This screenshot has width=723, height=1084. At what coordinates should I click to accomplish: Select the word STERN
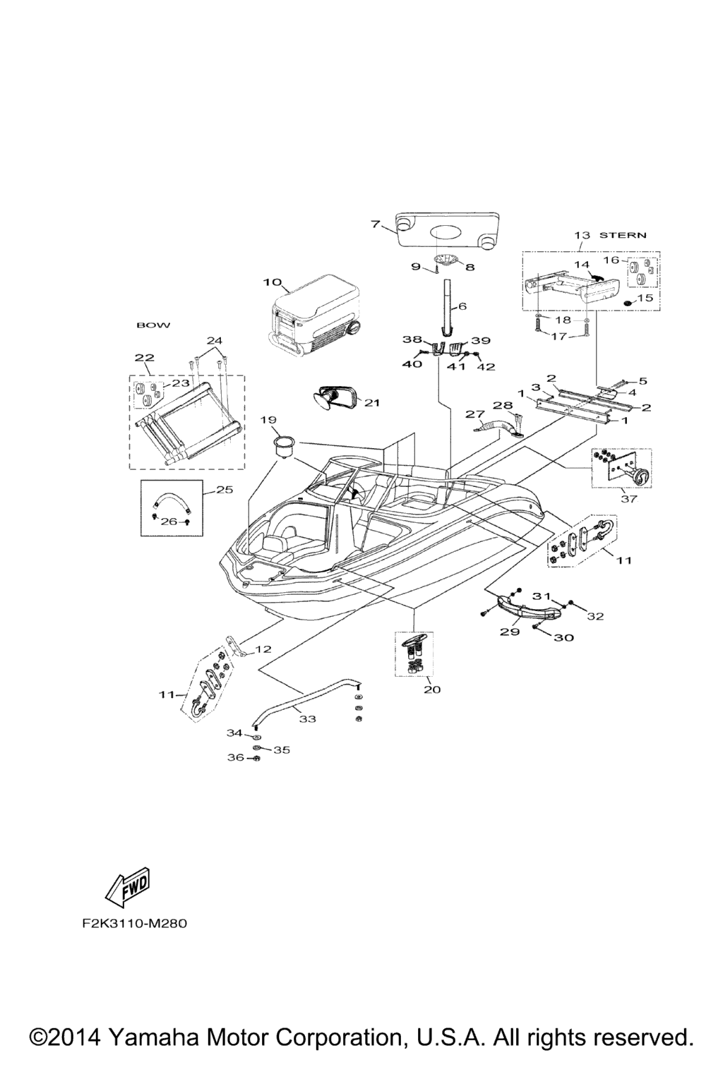pyautogui.click(x=623, y=235)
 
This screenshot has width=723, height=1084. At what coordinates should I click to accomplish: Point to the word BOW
pyautogui.click(x=153, y=325)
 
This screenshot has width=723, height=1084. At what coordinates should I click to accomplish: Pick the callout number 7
pyautogui.click(x=376, y=224)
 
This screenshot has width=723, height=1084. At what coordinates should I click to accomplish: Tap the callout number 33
pyautogui.click(x=307, y=719)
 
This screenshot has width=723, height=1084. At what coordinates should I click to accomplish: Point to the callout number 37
pyautogui.click(x=628, y=499)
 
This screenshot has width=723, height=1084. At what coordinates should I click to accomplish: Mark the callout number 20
pyautogui.click(x=431, y=689)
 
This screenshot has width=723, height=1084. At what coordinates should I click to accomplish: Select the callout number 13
pyautogui.click(x=581, y=235)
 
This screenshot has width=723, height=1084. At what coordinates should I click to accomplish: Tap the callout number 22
pyautogui.click(x=144, y=358)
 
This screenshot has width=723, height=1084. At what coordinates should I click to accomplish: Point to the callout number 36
pyautogui.click(x=234, y=757)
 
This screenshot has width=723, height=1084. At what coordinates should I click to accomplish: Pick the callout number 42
pyautogui.click(x=486, y=366)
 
